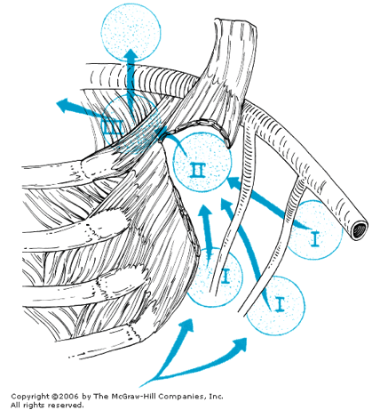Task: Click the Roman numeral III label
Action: [111, 128]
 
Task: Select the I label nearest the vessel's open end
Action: [315, 239]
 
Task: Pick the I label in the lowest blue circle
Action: [280, 305]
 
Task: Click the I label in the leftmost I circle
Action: [226, 276]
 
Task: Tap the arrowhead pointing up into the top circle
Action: [130, 56]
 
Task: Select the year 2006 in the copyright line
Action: [68, 396]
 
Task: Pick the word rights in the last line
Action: [34, 406]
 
